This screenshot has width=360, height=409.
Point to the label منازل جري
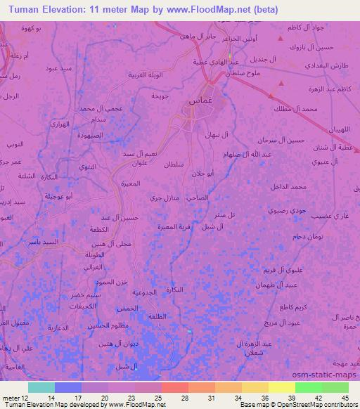166,199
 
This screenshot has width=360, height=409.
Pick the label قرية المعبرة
173,227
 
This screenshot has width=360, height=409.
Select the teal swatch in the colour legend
41,387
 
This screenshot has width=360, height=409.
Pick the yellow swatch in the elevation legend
282,387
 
